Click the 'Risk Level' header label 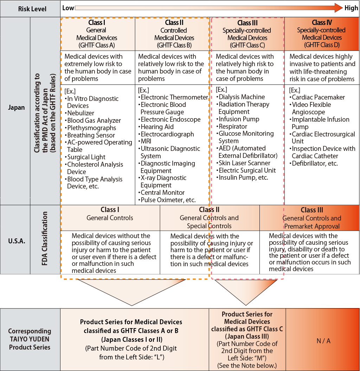click(32, 9)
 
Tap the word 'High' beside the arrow click(351, 8)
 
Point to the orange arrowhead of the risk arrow click(339, 8)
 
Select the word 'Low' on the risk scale click(68, 8)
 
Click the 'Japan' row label click(16, 107)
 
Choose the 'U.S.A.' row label click(17, 241)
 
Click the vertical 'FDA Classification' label click(44, 238)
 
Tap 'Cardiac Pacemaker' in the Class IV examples click(318, 97)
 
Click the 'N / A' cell click(323, 341)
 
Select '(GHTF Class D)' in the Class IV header click(322, 45)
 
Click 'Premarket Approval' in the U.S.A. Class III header click(312, 226)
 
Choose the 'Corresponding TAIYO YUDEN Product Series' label click(30, 339)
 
